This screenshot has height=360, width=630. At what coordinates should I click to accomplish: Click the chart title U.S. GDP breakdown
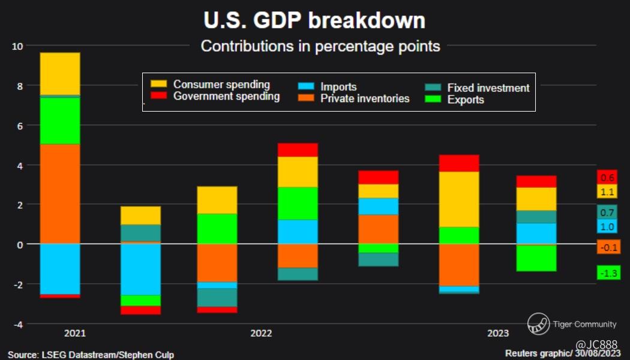point(314,20)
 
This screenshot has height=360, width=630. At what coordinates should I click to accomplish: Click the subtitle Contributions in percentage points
point(320,46)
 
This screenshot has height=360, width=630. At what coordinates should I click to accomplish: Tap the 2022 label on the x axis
point(262,334)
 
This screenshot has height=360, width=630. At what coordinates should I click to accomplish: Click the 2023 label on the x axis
point(498,334)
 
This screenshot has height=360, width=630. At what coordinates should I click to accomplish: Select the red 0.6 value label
point(607,178)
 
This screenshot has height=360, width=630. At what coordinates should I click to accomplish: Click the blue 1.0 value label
point(607,227)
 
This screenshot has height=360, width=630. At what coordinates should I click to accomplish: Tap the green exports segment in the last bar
point(536,258)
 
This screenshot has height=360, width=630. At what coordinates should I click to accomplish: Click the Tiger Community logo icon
point(538,324)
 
